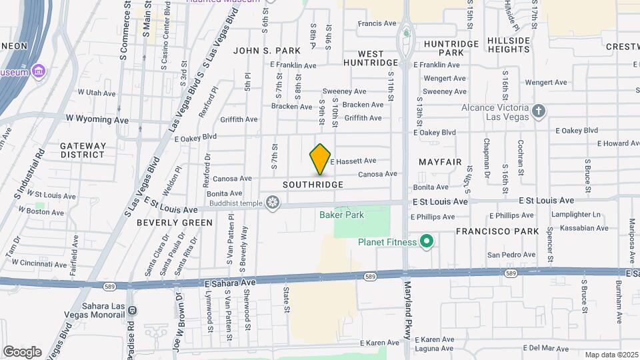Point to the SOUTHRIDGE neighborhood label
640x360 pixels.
tap(313, 185)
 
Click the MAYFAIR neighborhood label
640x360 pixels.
tap(440, 162)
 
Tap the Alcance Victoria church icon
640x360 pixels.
tap(539, 111)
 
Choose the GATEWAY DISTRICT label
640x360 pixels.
tap(83, 150)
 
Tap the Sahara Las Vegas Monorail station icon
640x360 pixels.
tap(132, 310)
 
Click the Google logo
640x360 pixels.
tap(22, 351)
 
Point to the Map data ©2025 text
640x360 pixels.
tap(611, 355)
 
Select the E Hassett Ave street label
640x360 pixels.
tap(353, 161)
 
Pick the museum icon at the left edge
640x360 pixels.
tap(39, 71)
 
